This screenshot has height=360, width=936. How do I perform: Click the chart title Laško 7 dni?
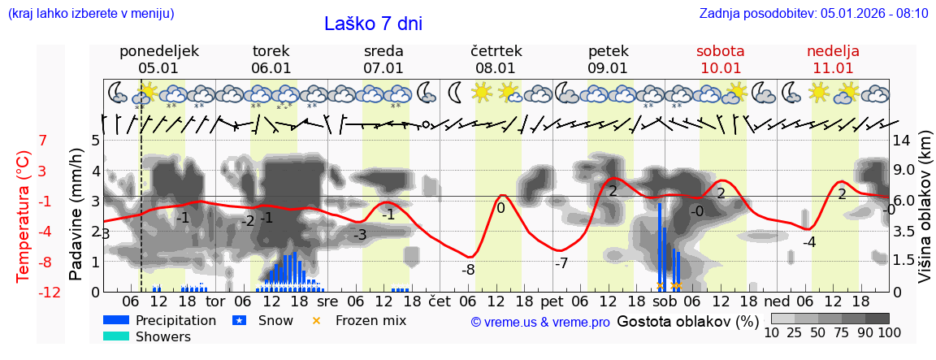[373, 24]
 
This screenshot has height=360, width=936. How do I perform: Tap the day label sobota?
[720, 51]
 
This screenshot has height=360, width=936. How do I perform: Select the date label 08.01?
[496, 68]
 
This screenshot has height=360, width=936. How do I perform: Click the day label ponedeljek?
[158, 51]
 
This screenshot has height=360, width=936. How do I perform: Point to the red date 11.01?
[833, 68]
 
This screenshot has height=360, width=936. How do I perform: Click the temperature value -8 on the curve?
[468, 269]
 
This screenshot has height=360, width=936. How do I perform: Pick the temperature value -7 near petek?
[561, 263]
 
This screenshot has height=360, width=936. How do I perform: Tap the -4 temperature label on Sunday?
[808, 242]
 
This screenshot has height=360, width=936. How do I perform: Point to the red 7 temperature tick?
[43, 140]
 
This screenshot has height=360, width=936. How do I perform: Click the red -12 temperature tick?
[49, 293]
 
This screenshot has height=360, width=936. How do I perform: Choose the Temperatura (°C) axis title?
[24, 216]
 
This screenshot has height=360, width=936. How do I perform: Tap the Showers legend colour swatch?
[116, 336]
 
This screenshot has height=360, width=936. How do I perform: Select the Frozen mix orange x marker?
[317, 320]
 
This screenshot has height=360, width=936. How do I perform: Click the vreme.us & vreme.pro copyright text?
[539, 323]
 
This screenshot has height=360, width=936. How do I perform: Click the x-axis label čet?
[439, 300]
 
